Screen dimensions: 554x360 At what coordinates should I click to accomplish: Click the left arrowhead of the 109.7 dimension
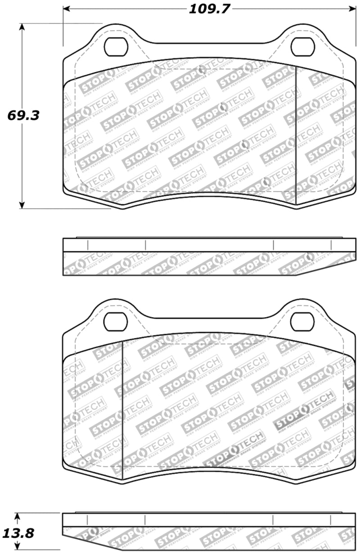pyautogui.click(x=66, y=9)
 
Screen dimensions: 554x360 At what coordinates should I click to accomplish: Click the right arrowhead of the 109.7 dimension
pyautogui.click(x=349, y=9)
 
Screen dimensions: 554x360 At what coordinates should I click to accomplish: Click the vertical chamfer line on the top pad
pyautogui.click(x=295, y=135)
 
